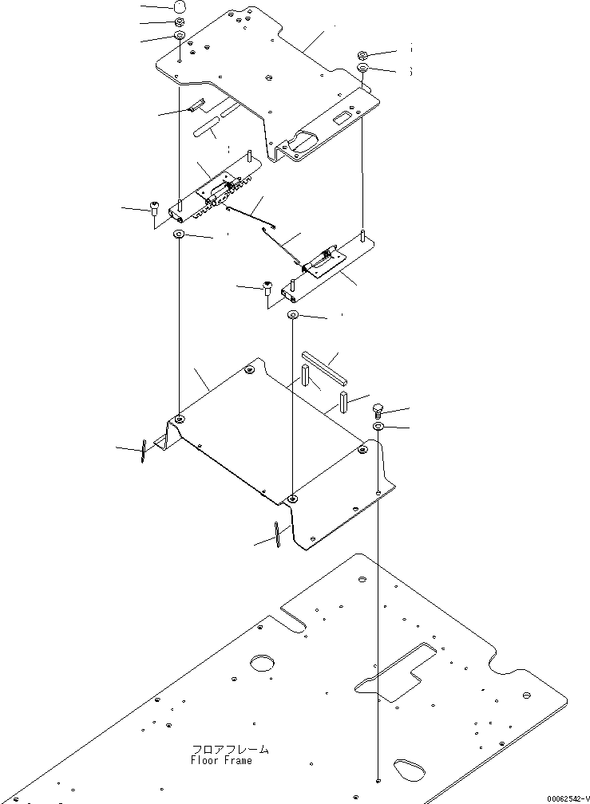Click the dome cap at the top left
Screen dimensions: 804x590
click(x=180, y=7)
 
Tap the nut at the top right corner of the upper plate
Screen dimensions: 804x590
click(x=362, y=54)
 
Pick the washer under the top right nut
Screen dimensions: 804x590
click(x=362, y=69)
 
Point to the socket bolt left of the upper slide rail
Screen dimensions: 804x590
click(x=153, y=211)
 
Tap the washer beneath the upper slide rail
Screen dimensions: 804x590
click(x=179, y=235)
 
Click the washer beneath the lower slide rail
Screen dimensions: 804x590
click(x=294, y=316)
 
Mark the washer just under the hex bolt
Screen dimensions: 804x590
click(x=378, y=428)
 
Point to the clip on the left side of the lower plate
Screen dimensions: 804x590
click(x=142, y=451)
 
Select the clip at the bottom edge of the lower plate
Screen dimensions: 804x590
click(x=276, y=535)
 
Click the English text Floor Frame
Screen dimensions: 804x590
click(x=221, y=761)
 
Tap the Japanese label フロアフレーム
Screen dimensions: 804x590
click(x=230, y=750)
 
